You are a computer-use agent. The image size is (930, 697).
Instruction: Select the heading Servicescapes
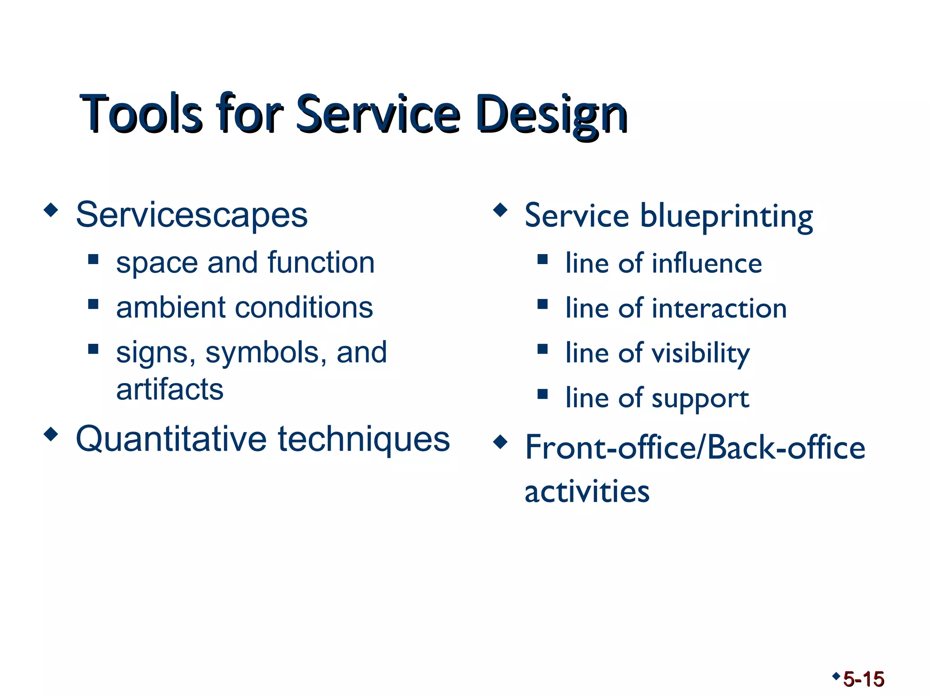(192, 215)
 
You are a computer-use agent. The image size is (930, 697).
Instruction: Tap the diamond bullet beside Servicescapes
(51, 210)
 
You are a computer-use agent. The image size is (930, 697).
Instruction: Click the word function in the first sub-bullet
(321, 263)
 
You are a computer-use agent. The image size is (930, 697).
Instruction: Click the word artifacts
(170, 389)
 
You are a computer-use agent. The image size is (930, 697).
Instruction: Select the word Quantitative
(171, 439)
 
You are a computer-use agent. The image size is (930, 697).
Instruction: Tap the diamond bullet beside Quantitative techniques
(51, 434)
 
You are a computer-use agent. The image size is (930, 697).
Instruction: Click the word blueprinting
(726, 216)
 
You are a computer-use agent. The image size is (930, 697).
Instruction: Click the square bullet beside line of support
(542, 393)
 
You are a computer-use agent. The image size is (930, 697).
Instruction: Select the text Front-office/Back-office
(695, 448)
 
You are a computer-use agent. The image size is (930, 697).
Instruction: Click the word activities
(587, 492)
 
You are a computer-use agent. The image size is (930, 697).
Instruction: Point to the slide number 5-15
(863, 679)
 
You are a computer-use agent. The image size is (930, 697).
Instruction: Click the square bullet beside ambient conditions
(94, 304)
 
